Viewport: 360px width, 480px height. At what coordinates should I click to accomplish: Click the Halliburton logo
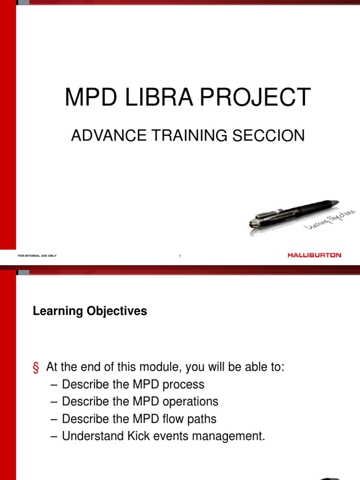tap(314, 255)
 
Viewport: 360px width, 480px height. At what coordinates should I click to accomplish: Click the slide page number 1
tap(180, 256)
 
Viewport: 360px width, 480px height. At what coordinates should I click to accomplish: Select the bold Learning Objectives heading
tap(90, 311)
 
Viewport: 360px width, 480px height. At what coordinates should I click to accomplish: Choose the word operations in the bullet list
tap(189, 402)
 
